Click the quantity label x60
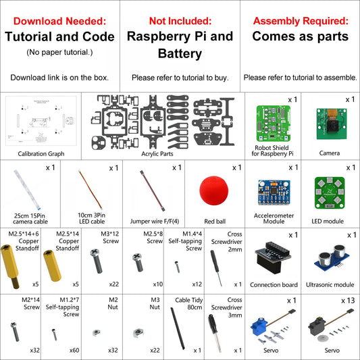75,351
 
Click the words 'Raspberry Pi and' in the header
180,36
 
